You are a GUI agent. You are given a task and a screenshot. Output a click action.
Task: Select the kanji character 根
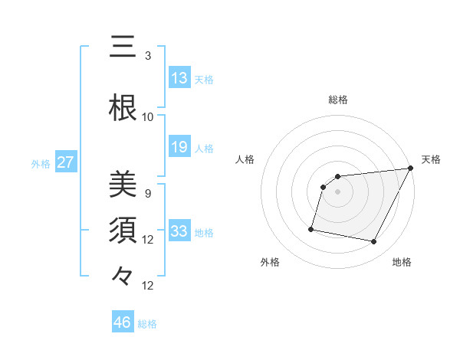(x=123, y=108)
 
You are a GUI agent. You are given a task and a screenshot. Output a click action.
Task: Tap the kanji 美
(x=123, y=185)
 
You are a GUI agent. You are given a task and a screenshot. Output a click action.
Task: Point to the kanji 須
(x=123, y=231)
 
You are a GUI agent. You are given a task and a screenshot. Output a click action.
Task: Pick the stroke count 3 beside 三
(x=148, y=55)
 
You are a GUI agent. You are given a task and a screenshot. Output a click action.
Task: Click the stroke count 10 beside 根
(x=148, y=116)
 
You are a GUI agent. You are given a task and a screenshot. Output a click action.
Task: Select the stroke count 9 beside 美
(x=148, y=193)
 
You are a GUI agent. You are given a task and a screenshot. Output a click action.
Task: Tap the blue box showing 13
(x=179, y=78)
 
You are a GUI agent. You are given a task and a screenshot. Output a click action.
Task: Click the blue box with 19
(x=179, y=147)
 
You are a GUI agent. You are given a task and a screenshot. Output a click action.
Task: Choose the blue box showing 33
(x=179, y=231)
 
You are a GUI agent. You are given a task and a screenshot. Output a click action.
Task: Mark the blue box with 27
(x=66, y=162)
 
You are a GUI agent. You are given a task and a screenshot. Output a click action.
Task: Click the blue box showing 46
(x=123, y=322)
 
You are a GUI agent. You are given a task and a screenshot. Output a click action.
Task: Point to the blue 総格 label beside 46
(x=147, y=324)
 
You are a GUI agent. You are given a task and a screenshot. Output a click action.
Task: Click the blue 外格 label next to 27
(x=41, y=163)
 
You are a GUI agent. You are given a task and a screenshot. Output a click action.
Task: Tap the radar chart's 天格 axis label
(x=431, y=159)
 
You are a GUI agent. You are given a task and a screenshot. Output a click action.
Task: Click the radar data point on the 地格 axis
(x=374, y=242)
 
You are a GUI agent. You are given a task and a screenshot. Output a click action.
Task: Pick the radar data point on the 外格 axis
(x=311, y=228)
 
